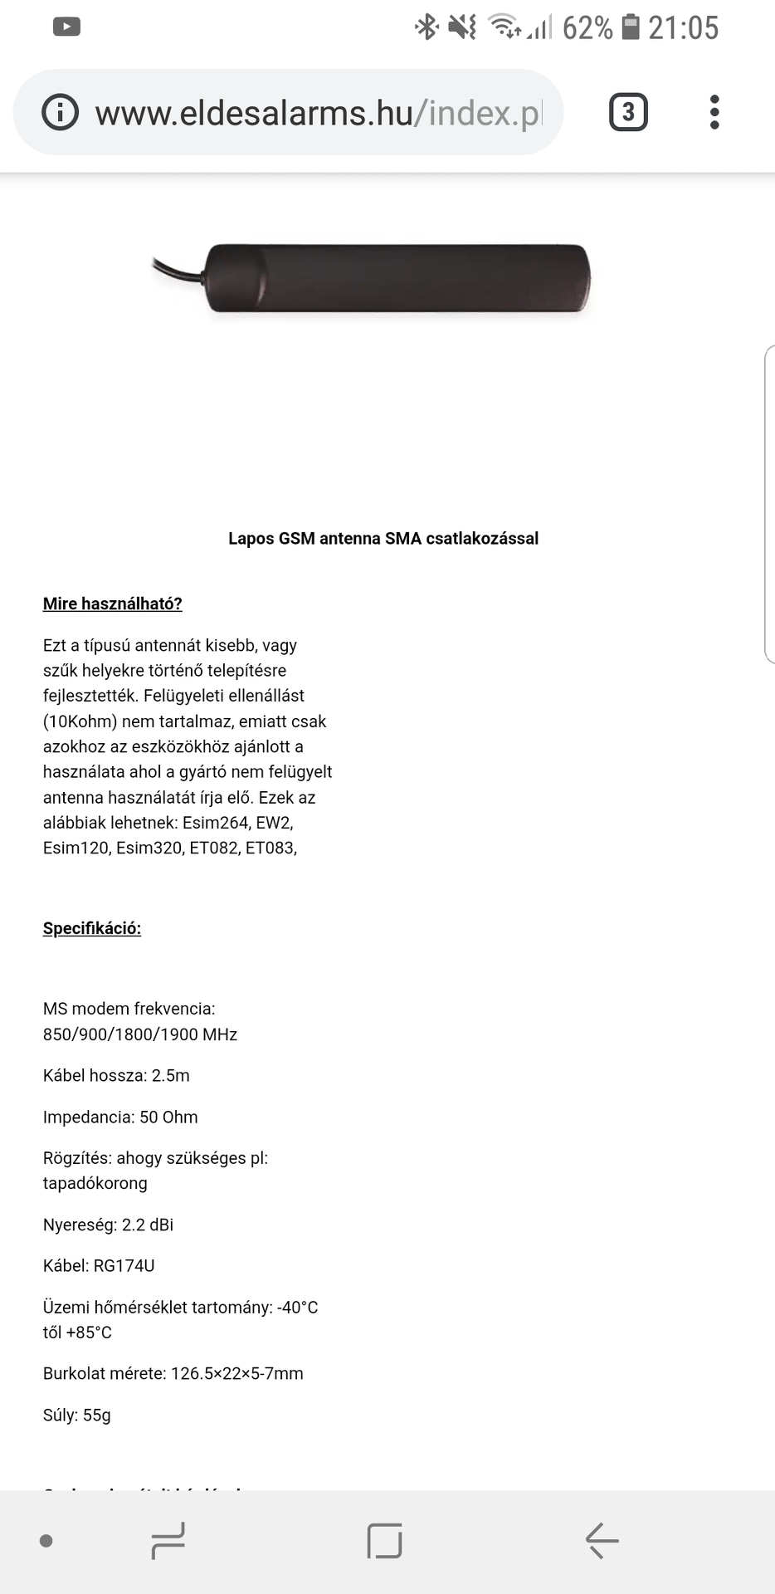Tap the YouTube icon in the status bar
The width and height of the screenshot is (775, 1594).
pyautogui.click(x=66, y=27)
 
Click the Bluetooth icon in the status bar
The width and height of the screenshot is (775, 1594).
pyautogui.click(x=426, y=27)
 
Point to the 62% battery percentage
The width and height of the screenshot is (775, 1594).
pyautogui.click(x=587, y=28)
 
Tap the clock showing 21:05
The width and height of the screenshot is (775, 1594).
pyautogui.click(x=683, y=28)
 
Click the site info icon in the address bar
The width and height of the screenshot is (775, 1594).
pyautogui.click(x=60, y=112)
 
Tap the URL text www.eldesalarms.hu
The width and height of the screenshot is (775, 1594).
pyautogui.click(x=254, y=113)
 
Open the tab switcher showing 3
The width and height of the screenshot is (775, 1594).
pyautogui.click(x=628, y=112)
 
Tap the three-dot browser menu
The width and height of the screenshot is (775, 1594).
pyautogui.click(x=714, y=112)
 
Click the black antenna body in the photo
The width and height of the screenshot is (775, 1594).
pyautogui.click(x=398, y=278)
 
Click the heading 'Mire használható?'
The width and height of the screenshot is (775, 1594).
pyautogui.click(x=112, y=604)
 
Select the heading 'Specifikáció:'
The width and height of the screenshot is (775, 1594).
pyautogui.click(x=92, y=928)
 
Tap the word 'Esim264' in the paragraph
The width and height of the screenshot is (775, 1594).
pyautogui.click(x=215, y=823)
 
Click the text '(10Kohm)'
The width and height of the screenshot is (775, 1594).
pyautogui.click(x=80, y=721)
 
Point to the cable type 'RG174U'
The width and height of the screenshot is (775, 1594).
pyautogui.click(x=124, y=1266)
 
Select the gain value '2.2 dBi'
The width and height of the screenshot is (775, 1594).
pyautogui.click(x=148, y=1225)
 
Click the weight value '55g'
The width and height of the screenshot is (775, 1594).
pyautogui.click(x=96, y=1416)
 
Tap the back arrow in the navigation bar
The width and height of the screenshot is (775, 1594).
pyautogui.click(x=602, y=1541)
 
